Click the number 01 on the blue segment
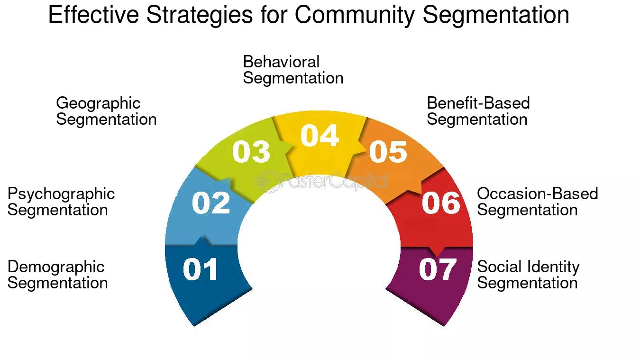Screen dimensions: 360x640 (x=201, y=269)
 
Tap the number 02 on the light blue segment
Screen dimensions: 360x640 (x=211, y=203)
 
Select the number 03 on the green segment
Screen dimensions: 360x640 (x=251, y=152)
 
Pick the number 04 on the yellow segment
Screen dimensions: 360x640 (x=320, y=136)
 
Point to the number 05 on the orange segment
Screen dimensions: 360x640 (x=388, y=152)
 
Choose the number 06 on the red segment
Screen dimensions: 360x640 (x=441, y=203)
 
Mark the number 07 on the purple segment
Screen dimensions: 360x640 (x=438, y=269)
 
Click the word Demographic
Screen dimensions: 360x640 (x=56, y=267)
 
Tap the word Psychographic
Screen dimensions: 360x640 (x=61, y=194)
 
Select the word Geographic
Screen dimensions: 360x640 (x=98, y=103)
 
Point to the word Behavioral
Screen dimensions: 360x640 (x=281, y=62)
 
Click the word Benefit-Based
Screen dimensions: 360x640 (x=478, y=103)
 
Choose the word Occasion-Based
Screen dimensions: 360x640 (x=538, y=194)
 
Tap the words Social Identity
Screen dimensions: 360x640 (x=528, y=267)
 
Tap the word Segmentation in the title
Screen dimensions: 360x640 (x=495, y=15)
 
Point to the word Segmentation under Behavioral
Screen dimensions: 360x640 (x=293, y=78)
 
